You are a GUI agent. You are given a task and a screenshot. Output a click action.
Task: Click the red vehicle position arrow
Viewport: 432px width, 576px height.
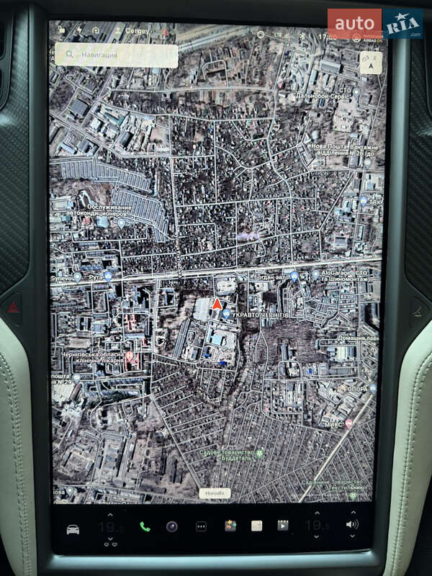[x=216, y=304]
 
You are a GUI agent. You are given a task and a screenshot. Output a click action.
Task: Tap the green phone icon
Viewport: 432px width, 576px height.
[x=145, y=526]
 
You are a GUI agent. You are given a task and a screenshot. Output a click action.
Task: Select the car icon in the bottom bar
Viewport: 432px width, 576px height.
[x=73, y=529]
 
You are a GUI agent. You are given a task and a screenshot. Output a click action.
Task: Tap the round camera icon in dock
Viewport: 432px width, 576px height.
[x=171, y=526]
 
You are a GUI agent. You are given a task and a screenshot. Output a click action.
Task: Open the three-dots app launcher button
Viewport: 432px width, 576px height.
[x=201, y=526]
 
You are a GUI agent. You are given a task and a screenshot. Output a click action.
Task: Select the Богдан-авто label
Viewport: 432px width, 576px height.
[x=271, y=276]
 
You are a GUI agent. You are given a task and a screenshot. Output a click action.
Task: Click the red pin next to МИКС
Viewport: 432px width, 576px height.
[x=348, y=425]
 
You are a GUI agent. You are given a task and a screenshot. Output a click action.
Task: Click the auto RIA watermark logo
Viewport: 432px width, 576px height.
[x=374, y=23]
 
